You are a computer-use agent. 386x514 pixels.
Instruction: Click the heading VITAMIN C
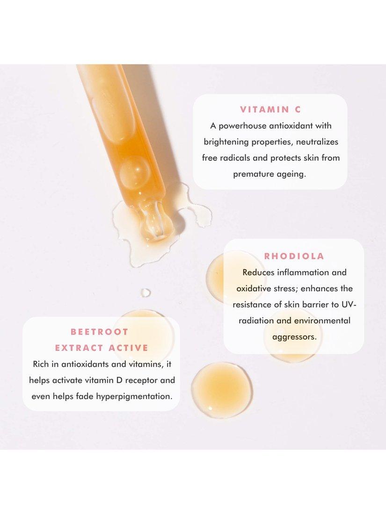(270, 109)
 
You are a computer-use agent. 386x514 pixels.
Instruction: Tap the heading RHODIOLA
(294, 256)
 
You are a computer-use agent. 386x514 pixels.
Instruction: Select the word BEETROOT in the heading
(100, 332)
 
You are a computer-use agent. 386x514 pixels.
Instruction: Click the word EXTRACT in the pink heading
(79, 348)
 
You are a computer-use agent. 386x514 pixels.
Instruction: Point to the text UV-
(349, 305)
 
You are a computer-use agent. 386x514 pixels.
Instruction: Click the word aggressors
(294, 337)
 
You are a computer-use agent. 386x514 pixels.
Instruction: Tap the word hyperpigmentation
(134, 397)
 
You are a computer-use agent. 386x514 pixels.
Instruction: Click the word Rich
(41, 364)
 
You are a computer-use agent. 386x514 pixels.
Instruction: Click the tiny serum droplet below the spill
(146, 293)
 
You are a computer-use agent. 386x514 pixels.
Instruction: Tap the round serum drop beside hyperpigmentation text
(222, 390)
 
